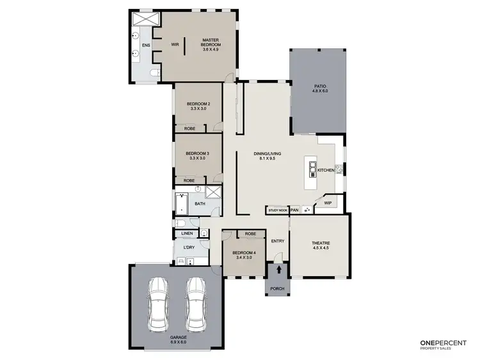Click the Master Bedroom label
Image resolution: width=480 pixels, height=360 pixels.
(x=211, y=43)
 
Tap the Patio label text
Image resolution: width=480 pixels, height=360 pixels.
(x=319, y=88)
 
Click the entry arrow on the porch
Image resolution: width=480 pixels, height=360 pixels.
(x=278, y=270)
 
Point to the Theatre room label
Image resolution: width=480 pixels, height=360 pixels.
(x=320, y=245)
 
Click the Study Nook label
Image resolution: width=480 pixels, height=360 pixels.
(x=278, y=210)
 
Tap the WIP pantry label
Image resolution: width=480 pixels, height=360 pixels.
(x=328, y=203)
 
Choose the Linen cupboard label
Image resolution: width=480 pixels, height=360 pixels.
(x=187, y=233)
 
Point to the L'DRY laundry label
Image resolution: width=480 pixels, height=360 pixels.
(x=189, y=247)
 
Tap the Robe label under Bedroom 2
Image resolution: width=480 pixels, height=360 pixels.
(x=189, y=129)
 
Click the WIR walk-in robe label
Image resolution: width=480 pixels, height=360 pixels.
(x=175, y=44)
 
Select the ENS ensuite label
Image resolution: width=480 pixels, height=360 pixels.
(x=146, y=45)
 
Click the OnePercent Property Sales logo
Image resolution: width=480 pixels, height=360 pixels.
(x=442, y=343)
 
